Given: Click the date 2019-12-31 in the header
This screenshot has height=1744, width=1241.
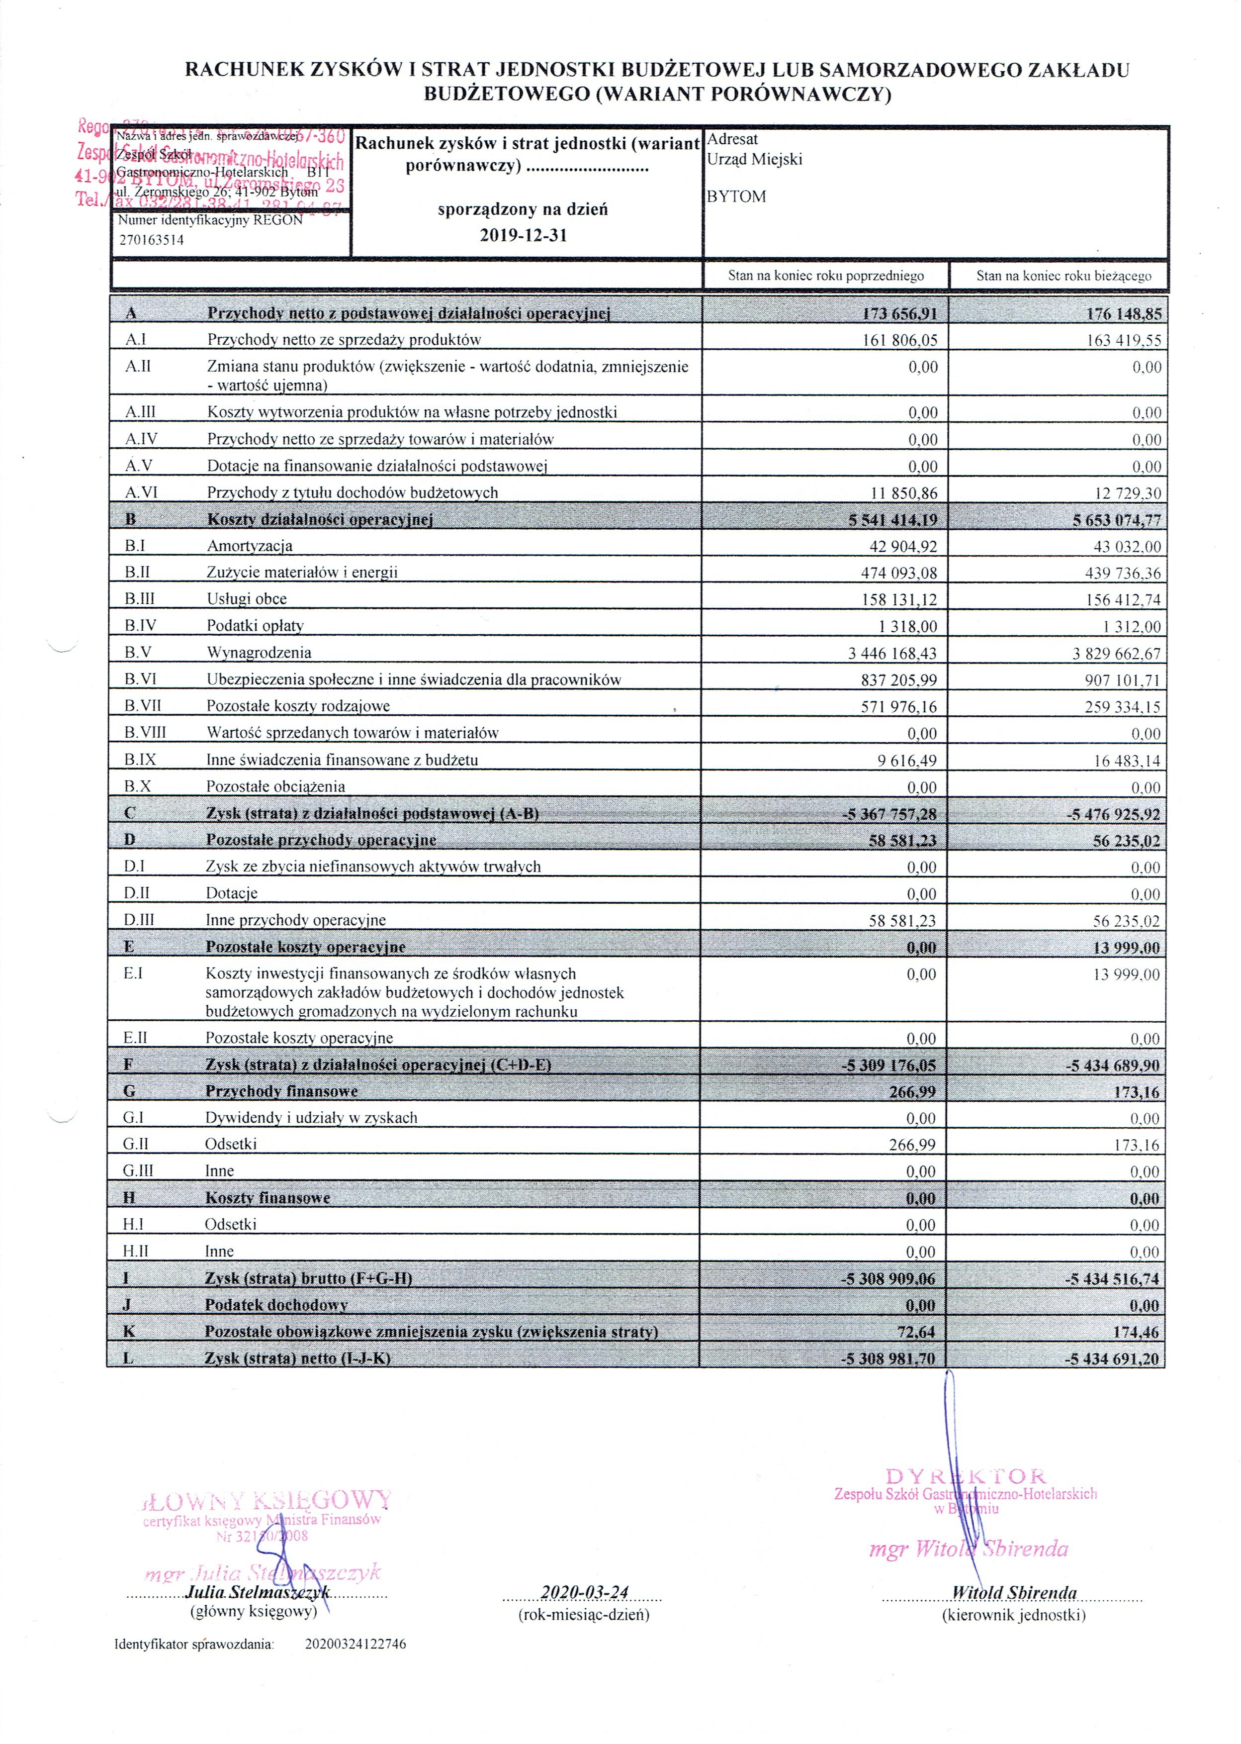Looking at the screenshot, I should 524,235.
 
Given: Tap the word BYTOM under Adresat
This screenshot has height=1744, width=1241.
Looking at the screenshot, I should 736,196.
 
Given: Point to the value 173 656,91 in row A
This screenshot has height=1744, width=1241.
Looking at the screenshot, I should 899,313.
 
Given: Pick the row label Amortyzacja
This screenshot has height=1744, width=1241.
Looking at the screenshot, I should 249,546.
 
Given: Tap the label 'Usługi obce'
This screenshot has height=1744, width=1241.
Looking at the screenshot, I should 247,599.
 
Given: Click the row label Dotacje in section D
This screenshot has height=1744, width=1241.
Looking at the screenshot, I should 232,893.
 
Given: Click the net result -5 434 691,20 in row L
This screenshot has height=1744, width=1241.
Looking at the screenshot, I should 1113,1358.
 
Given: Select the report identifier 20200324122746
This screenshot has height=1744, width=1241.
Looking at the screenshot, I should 355,1644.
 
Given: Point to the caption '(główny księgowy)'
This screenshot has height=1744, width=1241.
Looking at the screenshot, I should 253,1612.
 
